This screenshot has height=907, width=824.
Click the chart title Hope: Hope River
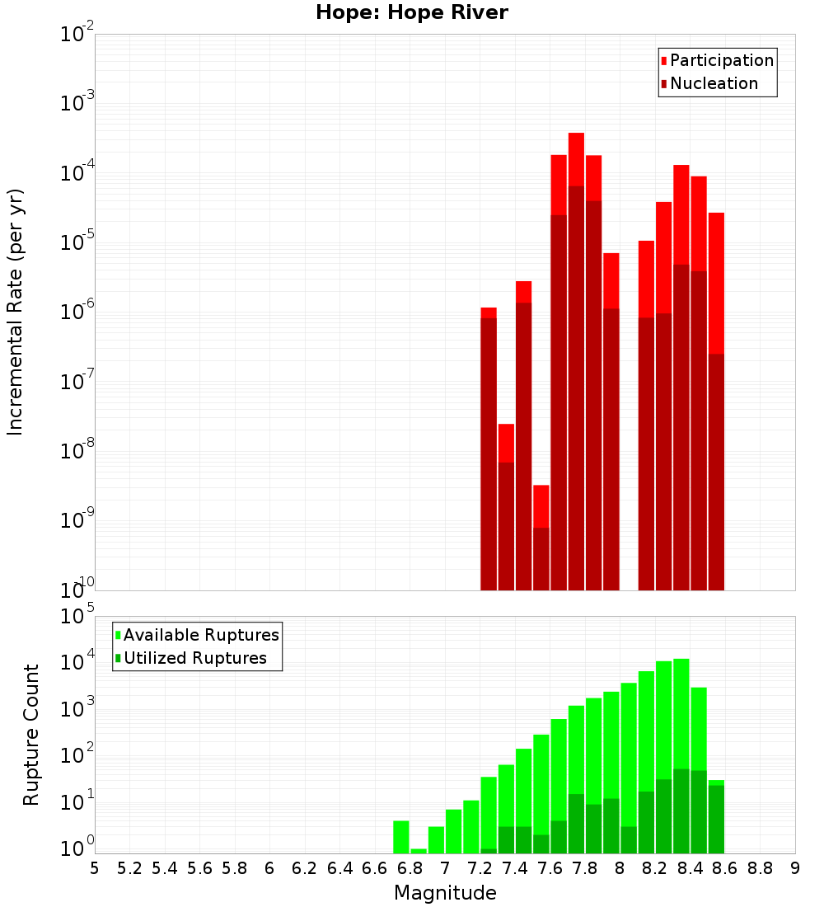click(412, 12)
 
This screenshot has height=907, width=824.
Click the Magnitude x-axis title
click(445, 893)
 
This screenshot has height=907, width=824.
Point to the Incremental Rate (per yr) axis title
click(16, 312)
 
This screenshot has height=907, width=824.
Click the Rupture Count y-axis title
click(31, 735)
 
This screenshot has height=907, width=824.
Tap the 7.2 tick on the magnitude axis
click(480, 867)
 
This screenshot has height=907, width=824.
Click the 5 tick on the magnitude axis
click(95, 867)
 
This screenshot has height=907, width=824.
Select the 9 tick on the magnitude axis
click(795, 867)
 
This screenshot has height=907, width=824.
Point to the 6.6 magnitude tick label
click(375, 867)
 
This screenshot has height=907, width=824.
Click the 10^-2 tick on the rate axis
click(77, 35)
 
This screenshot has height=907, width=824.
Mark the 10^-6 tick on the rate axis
click(77, 312)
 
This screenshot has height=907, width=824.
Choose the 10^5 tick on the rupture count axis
click(77, 617)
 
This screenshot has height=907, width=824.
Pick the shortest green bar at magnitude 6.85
click(419, 851)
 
